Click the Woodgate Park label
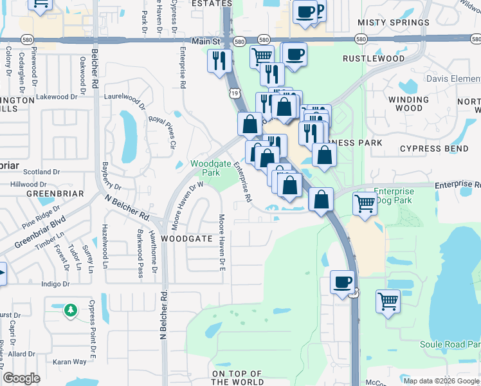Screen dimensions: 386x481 [x=206, y=168]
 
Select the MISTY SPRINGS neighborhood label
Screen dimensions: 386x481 [x=393, y=23]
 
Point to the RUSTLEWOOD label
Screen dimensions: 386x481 [x=374, y=59]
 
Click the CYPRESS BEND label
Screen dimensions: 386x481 [x=434, y=149]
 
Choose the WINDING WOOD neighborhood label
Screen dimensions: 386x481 [x=408, y=104]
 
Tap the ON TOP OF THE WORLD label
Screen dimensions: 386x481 [x=237, y=378]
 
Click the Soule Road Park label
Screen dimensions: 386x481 [x=450, y=345]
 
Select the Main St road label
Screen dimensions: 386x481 [x=206, y=41]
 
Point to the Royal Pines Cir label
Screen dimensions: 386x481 [x=162, y=132]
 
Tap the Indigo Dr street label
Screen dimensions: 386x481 [x=55, y=284]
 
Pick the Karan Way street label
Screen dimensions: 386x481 [x=71, y=362]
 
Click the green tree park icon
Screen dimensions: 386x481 [x=70, y=311]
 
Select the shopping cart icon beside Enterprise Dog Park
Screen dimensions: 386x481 [x=365, y=203]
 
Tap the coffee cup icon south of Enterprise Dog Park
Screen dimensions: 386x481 [x=342, y=281]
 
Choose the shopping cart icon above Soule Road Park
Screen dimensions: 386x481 [x=388, y=300]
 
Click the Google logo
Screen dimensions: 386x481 [x=22, y=378]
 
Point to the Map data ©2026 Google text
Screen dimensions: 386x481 [x=441, y=381]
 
